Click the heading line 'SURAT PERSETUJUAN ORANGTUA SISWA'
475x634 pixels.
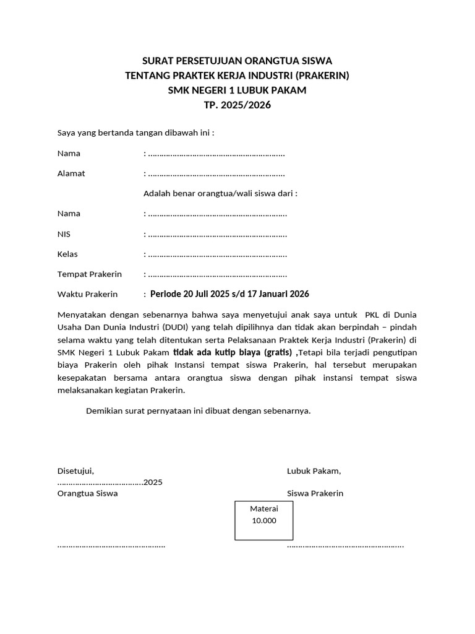point(237,61)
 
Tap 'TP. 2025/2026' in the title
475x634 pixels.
point(237,105)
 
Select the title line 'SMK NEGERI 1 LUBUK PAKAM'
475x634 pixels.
point(237,90)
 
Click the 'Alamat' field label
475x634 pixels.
point(71,173)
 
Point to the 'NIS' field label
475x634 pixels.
point(64,234)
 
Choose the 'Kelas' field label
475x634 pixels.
point(67,254)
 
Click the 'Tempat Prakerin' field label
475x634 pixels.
point(89,274)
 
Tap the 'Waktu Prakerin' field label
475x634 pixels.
point(87,294)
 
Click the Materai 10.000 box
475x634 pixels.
point(264,521)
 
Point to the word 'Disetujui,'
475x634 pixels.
point(75,471)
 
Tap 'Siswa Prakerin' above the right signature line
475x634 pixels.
point(315,493)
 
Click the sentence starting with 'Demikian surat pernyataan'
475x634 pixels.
point(198,410)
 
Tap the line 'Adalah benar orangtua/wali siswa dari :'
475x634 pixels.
point(220,193)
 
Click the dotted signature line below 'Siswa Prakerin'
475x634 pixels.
point(345,546)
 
